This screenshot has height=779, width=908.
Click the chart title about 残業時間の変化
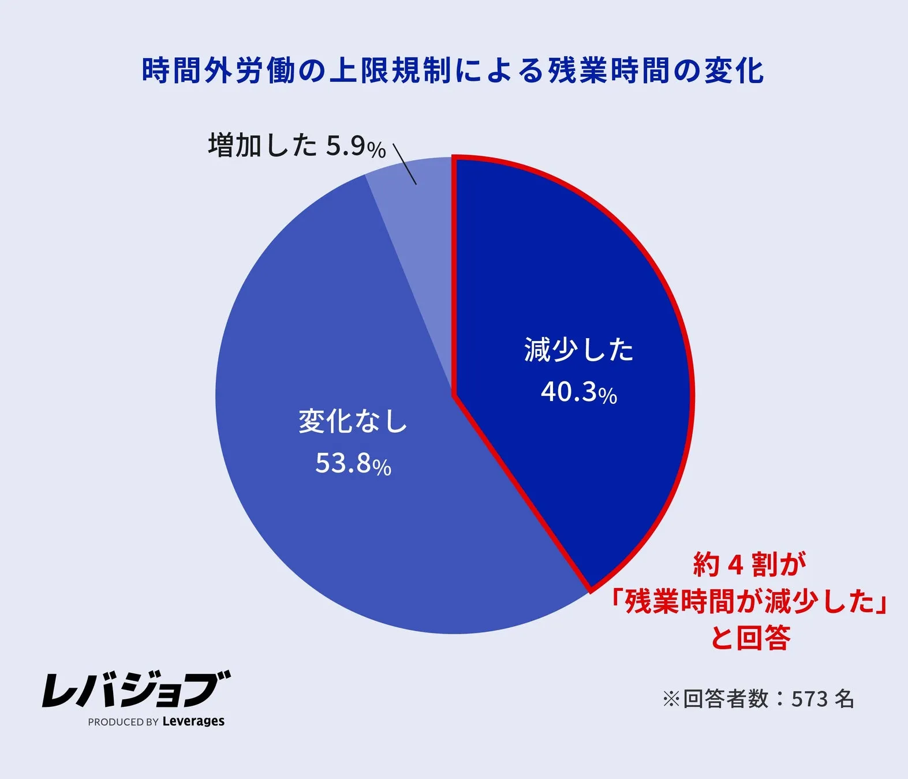point(453,71)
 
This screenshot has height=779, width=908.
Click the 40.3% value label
point(579,392)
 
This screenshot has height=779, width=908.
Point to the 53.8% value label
point(353,463)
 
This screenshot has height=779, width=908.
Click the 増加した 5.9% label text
point(297,145)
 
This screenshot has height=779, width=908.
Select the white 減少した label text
point(579,350)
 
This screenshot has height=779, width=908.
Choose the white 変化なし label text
point(353,421)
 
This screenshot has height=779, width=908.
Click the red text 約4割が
point(749,564)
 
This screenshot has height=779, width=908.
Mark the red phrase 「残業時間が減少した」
point(749,601)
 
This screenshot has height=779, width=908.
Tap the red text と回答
point(749,638)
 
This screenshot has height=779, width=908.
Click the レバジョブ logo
point(136,689)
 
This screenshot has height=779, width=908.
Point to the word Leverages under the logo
point(193,721)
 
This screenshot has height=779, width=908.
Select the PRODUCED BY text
point(123,722)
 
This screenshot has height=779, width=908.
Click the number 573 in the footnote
point(809,699)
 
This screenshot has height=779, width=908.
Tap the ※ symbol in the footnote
point(671,699)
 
